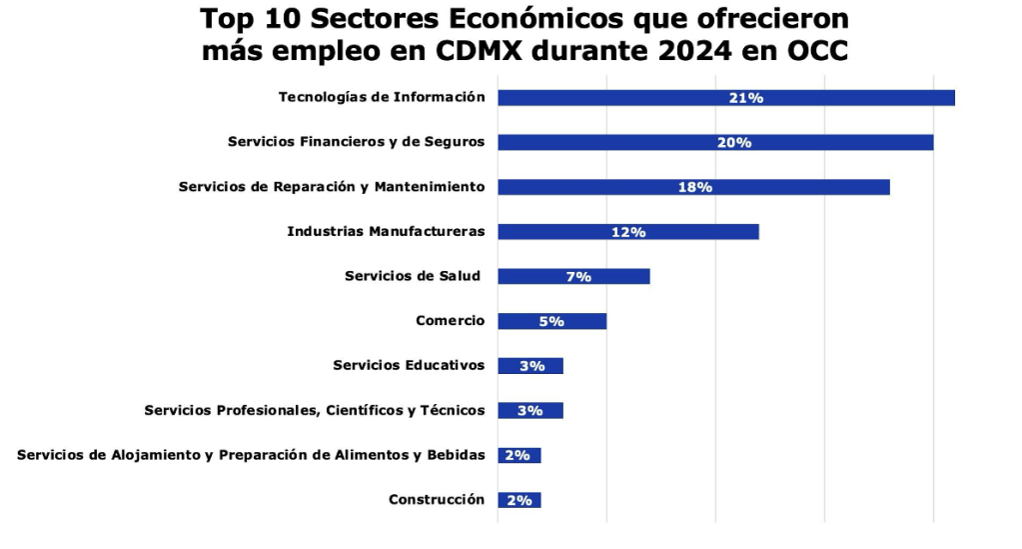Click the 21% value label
click(x=746, y=98)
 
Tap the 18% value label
click(x=694, y=187)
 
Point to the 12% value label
click(x=628, y=232)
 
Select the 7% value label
click(x=578, y=277)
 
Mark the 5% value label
click(x=551, y=321)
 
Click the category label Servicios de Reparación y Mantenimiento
click(x=332, y=187)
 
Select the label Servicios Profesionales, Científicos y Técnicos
click(x=315, y=410)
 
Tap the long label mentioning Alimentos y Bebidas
click(x=251, y=455)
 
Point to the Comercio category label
click(x=450, y=321)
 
